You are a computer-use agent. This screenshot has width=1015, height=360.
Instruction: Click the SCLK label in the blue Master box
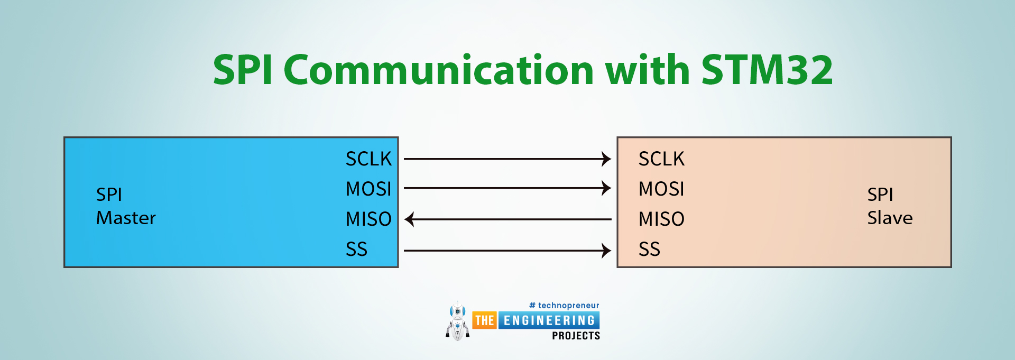tap(368, 159)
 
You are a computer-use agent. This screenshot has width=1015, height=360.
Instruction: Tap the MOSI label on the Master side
tap(368, 189)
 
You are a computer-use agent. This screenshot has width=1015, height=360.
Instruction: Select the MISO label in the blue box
tap(368, 219)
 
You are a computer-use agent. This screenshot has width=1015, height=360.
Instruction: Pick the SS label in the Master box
tap(356, 249)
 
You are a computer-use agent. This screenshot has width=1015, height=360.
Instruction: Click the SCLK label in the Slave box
tap(661, 159)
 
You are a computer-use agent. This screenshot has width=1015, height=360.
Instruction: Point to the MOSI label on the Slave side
tap(661, 189)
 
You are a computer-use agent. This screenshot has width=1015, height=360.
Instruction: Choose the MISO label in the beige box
tap(661, 219)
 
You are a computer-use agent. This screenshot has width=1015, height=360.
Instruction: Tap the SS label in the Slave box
tap(649, 249)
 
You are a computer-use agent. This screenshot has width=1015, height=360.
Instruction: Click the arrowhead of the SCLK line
tap(607, 159)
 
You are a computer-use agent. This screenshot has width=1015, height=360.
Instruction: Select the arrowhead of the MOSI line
tap(607, 188)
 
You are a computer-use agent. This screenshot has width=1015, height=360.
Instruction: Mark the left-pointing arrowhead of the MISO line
tap(409, 219)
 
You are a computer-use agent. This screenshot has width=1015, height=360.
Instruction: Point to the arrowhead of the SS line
tap(607, 251)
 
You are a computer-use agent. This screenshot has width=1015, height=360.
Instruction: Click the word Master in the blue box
tap(126, 218)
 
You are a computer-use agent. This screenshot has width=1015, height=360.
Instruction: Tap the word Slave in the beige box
tap(890, 218)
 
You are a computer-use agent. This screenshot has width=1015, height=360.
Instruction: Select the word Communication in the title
tap(439, 70)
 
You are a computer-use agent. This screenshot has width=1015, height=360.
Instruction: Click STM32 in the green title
tap(767, 70)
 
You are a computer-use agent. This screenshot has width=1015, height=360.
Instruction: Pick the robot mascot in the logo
tap(458, 321)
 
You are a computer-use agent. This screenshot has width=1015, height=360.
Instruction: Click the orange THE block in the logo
tap(484, 320)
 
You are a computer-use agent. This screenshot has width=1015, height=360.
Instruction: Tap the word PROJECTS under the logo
tap(576, 336)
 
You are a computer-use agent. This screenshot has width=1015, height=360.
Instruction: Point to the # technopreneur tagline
tap(564, 306)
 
